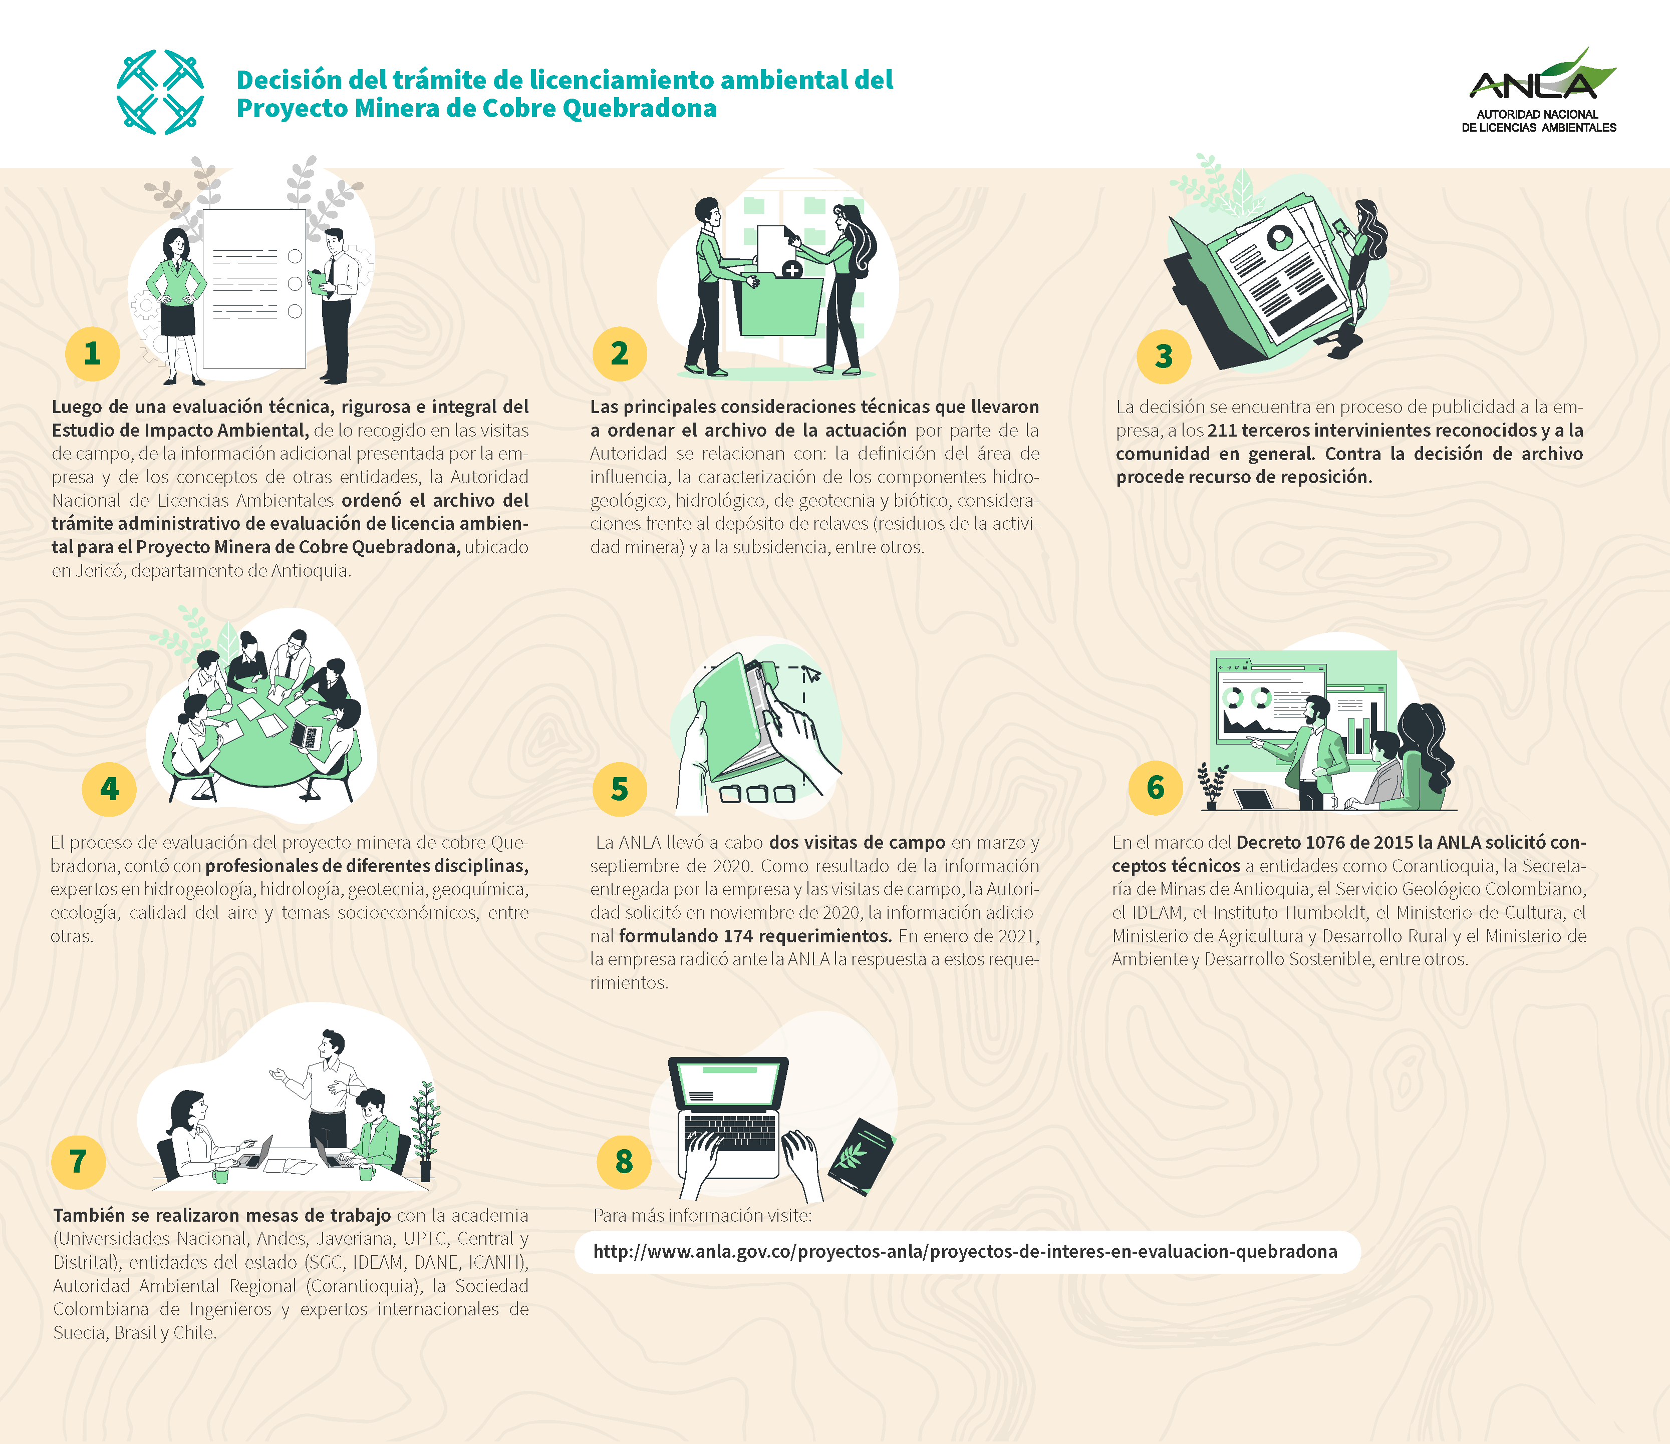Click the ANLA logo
(x=1539, y=90)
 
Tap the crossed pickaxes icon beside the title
(x=160, y=92)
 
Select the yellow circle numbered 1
(x=93, y=354)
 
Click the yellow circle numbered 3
(x=1164, y=356)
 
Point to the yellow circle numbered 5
(x=619, y=789)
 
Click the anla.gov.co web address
(x=965, y=1251)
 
